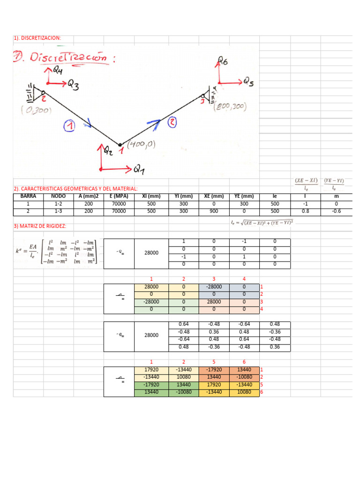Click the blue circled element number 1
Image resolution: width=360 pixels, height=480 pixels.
pyautogui.click(x=69, y=126)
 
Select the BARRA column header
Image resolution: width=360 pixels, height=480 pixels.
pyautogui.click(x=28, y=196)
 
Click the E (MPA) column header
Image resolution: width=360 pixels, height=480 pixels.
pyautogui.click(x=119, y=196)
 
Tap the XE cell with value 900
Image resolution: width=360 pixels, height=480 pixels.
pyautogui.click(x=214, y=211)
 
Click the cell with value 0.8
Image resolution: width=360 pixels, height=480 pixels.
pyautogui.click(x=306, y=211)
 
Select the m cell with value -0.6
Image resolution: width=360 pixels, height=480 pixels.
pyautogui.click(x=336, y=211)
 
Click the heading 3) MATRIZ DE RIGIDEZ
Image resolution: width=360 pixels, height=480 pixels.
pyautogui.click(x=40, y=227)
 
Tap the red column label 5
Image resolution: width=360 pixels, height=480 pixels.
pyautogui.click(x=214, y=362)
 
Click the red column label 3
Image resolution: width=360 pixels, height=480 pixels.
pyautogui.click(x=214, y=278)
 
